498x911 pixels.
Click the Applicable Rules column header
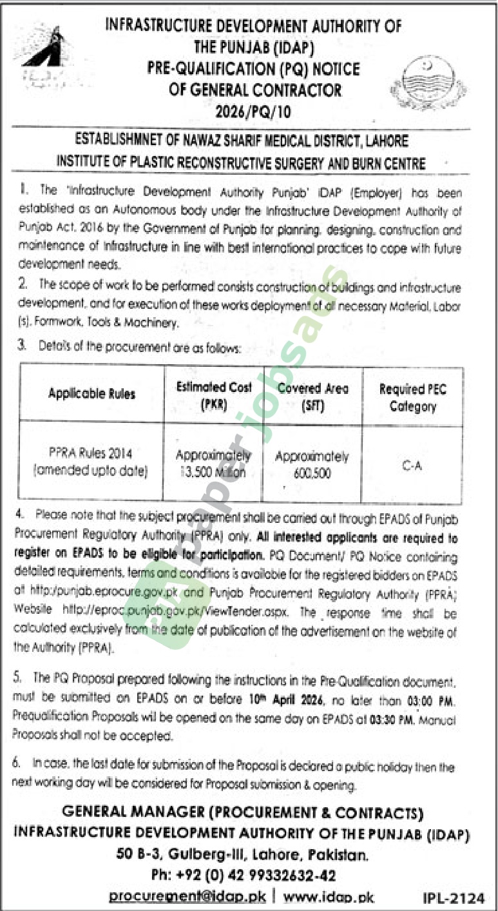(91, 393)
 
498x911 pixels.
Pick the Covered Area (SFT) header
(312, 397)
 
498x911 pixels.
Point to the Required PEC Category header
(412, 398)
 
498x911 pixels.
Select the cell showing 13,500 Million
(213, 473)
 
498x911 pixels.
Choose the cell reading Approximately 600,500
(312, 464)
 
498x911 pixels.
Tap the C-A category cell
(412, 465)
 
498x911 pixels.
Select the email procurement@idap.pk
(186, 897)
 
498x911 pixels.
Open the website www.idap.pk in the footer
(328, 897)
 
